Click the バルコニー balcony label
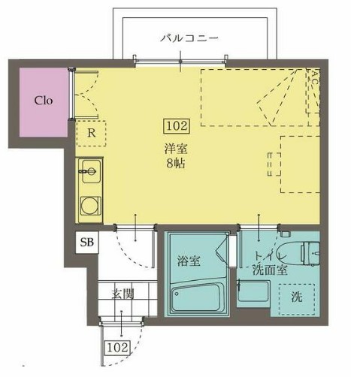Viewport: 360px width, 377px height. pyautogui.click(x=191, y=37)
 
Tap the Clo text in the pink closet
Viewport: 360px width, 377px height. pyautogui.click(x=42, y=101)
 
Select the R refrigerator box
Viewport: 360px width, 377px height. pyautogui.click(x=90, y=134)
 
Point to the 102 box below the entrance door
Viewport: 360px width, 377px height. pyautogui.click(x=116, y=347)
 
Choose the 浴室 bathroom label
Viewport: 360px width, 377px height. pyautogui.click(x=188, y=262)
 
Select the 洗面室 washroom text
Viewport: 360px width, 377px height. pyautogui.click(x=270, y=270)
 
